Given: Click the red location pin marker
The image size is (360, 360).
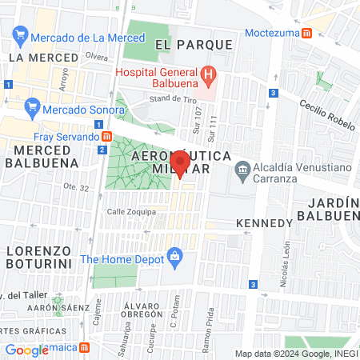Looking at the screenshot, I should point(181,164).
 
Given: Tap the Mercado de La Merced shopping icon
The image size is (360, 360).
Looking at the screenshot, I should point(20,37).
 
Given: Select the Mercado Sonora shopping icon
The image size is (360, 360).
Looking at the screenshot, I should point(32,106).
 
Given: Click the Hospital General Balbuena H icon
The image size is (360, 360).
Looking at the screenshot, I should point(208,77).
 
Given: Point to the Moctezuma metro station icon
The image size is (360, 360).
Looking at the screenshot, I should point(307,34).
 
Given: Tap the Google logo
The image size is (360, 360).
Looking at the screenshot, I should point(26,350).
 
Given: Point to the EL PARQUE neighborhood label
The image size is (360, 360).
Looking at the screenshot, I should point(194,44).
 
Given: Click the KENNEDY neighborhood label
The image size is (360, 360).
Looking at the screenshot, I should point(264,222).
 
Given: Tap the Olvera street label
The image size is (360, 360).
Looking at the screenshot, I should point(96,57).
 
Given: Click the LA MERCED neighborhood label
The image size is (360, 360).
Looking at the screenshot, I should point(43,58).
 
